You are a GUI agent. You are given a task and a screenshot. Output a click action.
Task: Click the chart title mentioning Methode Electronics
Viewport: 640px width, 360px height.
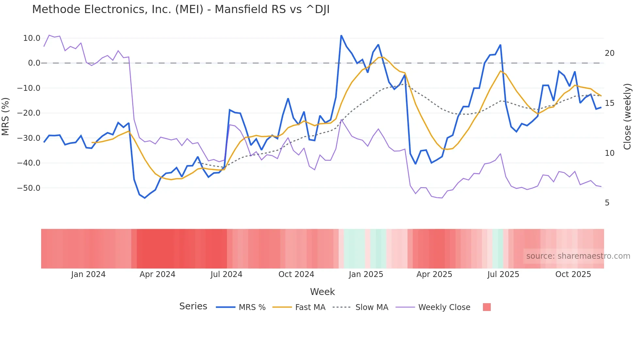181,9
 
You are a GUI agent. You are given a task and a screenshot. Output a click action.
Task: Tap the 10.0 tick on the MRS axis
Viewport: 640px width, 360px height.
32,38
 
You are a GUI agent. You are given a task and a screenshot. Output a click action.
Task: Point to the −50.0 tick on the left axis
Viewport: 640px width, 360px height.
29,188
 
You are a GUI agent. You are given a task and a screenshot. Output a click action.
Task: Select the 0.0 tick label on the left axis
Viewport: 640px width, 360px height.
34,63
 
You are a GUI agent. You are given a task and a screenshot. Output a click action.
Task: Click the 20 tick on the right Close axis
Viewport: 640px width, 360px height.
609,53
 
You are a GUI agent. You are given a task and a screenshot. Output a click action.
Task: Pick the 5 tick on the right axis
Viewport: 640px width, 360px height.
607,203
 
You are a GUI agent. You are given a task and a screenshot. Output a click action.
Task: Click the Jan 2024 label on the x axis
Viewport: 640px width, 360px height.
88,274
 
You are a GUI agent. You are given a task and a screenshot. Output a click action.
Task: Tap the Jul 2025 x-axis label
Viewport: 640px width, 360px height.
503,274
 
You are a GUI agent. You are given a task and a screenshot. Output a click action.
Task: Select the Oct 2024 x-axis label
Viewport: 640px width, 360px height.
296,274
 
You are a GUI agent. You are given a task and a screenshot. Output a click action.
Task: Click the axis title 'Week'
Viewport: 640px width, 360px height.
322,292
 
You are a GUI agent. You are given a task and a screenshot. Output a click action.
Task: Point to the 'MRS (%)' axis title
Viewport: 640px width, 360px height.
6,116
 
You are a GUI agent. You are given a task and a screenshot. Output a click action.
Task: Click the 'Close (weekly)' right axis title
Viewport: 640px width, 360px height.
627,116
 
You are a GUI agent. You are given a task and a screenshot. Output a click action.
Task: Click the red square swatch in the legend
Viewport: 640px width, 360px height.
487,307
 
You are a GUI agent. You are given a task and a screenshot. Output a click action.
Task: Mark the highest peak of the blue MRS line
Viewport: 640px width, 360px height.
341,36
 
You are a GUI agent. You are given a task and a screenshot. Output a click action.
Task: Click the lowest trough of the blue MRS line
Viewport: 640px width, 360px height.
145,198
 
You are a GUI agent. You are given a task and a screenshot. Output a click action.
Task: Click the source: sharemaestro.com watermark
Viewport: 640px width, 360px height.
578,256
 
